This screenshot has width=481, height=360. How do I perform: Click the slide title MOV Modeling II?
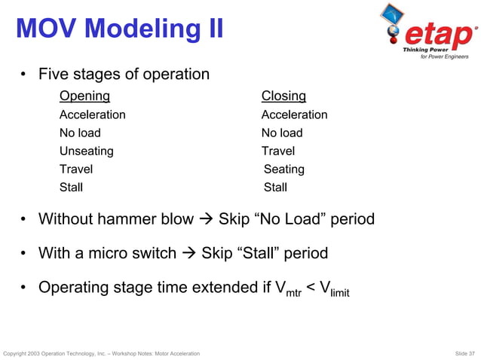click(119, 30)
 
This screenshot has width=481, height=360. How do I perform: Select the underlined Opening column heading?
click(84, 96)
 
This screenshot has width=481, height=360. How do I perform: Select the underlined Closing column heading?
click(283, 96)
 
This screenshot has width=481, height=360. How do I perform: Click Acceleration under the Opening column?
click(92, 114)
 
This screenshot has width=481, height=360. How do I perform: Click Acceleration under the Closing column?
click(294, 114)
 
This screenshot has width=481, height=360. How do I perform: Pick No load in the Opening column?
click(80, 133)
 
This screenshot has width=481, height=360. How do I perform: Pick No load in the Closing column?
click(282, 133)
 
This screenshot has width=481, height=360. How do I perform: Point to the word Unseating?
click(86, 151)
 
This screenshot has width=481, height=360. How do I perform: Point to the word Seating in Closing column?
click(284, 169)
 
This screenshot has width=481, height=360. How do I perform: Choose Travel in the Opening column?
click(76, 169)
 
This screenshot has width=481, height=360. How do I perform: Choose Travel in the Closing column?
click(278, 151)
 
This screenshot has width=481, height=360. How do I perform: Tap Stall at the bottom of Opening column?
click(71, 188)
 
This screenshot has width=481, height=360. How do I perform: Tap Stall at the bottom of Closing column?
click(275, 188)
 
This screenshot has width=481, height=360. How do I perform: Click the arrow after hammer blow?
click(206, 220)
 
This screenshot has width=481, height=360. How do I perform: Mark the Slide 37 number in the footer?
click(461, 353)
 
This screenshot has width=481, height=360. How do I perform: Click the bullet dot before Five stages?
click(25, 75)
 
